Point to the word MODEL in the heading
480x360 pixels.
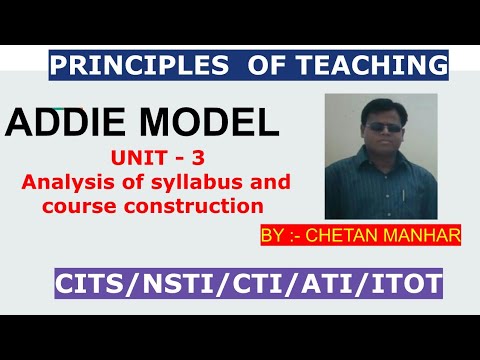point(204,125)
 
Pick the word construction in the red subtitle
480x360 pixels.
point(208,206)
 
